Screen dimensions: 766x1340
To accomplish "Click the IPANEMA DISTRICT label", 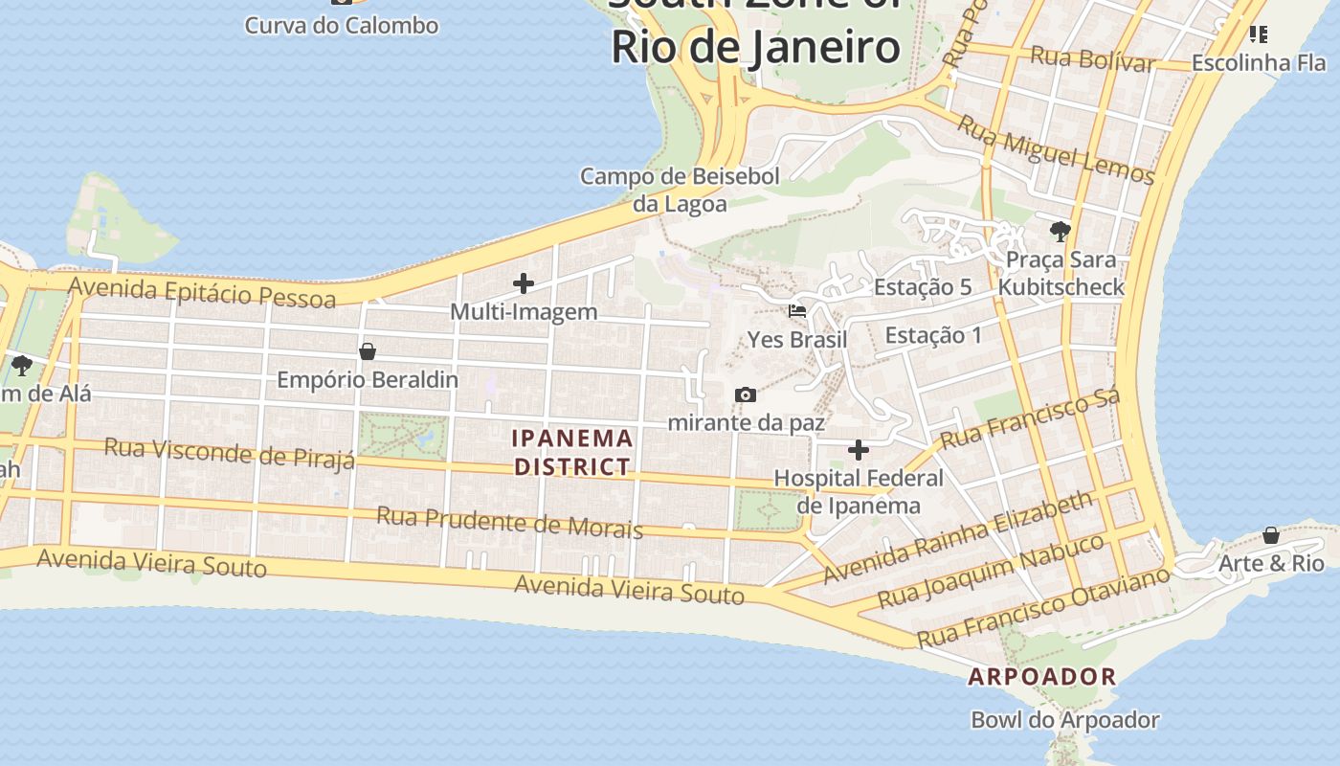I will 572,452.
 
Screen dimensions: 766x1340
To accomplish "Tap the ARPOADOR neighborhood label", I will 1042,677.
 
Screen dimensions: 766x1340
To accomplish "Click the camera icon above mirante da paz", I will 746,395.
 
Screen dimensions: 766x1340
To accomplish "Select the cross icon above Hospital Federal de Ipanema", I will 859,450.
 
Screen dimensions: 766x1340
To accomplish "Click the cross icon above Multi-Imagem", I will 524,283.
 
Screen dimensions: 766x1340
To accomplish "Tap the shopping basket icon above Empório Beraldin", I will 368,351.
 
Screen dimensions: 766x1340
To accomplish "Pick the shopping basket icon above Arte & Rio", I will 1271,535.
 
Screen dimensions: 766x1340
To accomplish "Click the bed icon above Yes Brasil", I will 797,311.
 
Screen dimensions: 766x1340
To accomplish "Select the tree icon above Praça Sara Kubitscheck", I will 1060,231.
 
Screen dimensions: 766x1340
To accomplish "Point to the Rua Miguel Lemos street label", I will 1056,149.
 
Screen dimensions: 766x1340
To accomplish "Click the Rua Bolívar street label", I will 1092,59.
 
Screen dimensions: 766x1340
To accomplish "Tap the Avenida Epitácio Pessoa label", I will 202,291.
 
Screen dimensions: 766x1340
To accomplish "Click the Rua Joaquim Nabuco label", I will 991,572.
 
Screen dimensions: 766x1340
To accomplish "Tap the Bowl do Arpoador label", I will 1064,720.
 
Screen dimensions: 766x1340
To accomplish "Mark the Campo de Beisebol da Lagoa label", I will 680,190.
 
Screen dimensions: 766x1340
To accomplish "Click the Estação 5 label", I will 923,287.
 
